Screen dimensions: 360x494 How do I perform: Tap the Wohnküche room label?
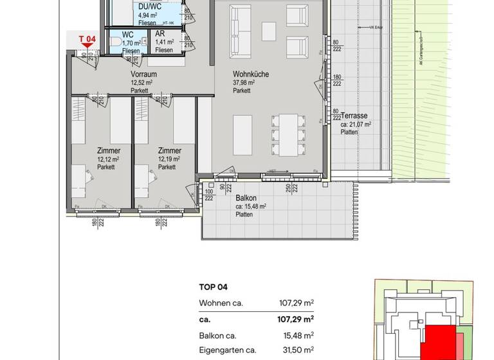(250, 75)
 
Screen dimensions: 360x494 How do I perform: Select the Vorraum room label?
(143, 75)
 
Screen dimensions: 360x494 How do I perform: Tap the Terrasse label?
(355, 116)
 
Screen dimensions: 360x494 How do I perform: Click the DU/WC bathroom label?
(150, 6)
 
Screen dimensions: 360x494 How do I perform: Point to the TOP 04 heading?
(214, 287)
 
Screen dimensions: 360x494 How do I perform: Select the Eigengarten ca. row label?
(228, 350)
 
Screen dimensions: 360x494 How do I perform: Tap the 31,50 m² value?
(299, 350)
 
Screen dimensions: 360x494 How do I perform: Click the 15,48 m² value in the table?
(299, 335)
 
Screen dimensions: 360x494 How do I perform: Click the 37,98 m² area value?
(246, 83)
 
